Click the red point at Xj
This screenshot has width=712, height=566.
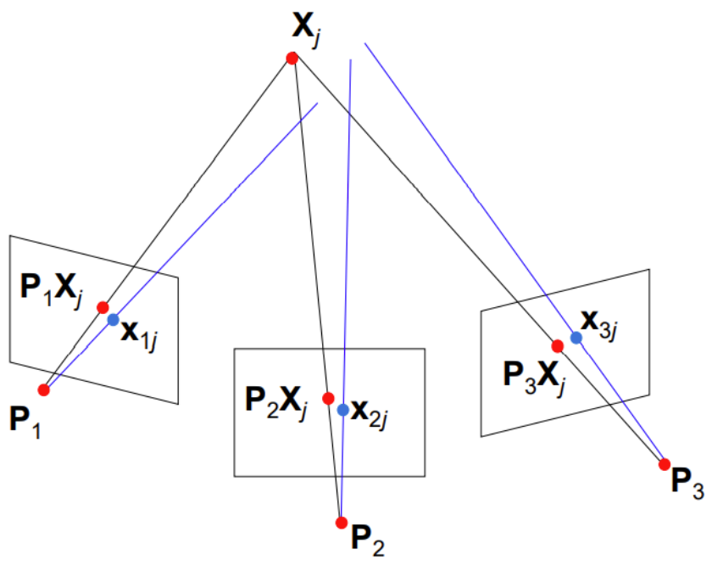[x=292, y=59]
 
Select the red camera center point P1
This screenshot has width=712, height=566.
[x=44, y=389]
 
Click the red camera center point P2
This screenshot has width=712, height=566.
[x=342, y=521]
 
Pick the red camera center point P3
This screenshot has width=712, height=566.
[x=664, y=464]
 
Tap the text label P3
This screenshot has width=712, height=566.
[x=687, y=485]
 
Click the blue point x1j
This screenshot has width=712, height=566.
[x=114, y=320]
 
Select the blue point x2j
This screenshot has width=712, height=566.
[x=342, y=409]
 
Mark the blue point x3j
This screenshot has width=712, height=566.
[x=576, y=337]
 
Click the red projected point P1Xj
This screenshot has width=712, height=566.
[x=103, y=307]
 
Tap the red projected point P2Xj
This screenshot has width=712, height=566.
[x=328, y=397]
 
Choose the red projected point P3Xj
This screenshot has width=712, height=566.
[x=558, y=345]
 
